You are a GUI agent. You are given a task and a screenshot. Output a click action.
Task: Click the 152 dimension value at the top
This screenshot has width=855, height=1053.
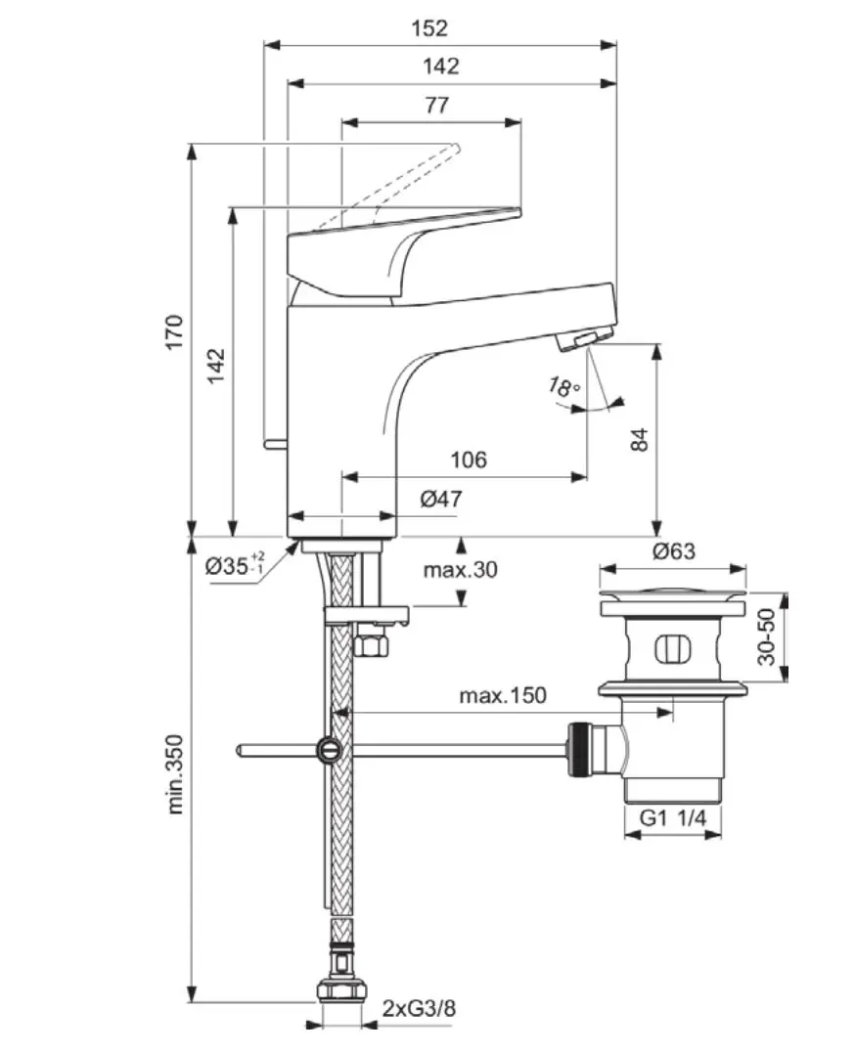click(429, 28)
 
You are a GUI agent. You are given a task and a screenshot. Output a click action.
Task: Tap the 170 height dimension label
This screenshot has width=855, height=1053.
click(174, 332)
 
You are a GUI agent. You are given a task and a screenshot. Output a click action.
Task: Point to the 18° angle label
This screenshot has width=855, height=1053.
click(563, 389)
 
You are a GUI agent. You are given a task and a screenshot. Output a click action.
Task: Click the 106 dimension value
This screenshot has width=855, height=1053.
click(468, 459)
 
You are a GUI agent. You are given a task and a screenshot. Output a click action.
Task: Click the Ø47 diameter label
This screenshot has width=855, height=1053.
click(441, 499)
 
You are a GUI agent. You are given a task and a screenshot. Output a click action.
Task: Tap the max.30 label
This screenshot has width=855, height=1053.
click(461, 569)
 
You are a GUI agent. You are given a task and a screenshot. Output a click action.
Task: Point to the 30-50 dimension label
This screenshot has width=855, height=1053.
click(769, 636)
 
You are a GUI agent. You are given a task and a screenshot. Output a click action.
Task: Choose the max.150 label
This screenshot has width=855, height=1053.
click(503, 696)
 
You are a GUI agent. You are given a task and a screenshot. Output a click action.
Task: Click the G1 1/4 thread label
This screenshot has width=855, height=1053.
click(673, 819)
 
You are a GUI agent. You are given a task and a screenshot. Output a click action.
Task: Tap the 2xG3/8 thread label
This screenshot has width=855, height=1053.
click(419, 1008)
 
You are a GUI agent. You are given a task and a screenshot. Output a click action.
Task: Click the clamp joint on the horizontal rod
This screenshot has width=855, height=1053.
click(329, 750)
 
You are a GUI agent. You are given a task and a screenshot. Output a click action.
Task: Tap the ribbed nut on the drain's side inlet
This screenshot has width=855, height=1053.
click(580, 749)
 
